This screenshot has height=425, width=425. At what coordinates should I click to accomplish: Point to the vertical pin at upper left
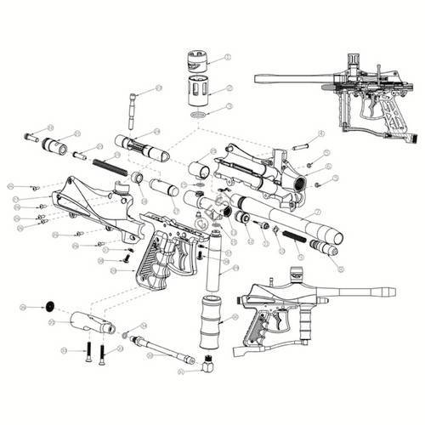pyautogui.click(x=133, y=105)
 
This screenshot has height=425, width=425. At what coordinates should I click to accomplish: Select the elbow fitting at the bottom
pyautogui.click(x=205, y=365)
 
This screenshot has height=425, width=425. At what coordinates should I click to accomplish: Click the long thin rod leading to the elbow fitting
pyautogui.click(x=166, y=345)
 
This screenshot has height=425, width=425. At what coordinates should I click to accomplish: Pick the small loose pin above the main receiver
pyautogui.click(x=299, y=146)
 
